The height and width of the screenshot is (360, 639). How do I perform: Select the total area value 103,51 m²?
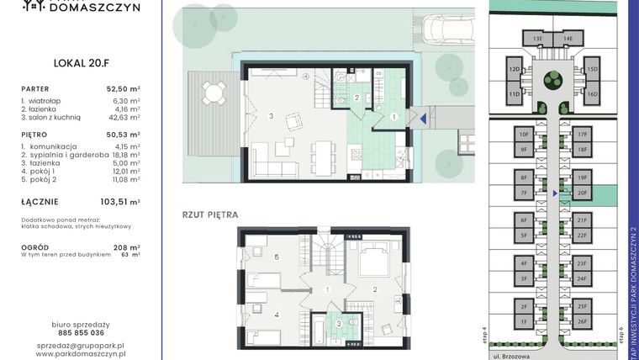[x=123, y=201]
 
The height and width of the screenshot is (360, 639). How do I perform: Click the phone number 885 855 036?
[x=80, y=332]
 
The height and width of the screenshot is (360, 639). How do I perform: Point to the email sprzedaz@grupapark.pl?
[x=80, y=345]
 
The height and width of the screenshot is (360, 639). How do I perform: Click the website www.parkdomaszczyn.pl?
[x=80, y=354]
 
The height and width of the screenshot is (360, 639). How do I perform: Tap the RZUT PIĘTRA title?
[x=210, y=214]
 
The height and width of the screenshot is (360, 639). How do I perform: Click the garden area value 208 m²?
[x=129, y=247]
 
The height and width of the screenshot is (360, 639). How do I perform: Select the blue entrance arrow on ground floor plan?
[x=424, y=119]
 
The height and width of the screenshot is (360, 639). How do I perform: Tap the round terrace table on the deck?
[x=213, y=91]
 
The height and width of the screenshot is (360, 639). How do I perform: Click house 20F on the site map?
[x=582, y=193]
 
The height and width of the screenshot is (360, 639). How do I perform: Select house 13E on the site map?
[x=537, y=39]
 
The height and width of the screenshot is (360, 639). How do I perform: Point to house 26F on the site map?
[x=582, y=321]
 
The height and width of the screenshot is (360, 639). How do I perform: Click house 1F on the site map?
[x=523, y=321]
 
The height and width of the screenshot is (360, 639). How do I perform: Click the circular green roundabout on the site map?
[x=552, y=81]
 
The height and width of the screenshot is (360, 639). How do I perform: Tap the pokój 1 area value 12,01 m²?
[x=123, y=172]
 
